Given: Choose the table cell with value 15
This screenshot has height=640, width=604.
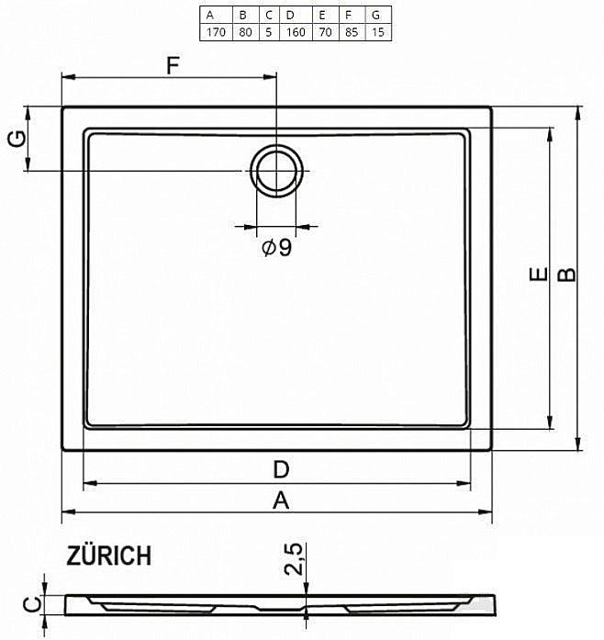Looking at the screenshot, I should pyautogui.click(x=376, y=31).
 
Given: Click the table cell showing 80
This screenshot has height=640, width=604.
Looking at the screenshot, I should pyautogui.click(x=243, y=31).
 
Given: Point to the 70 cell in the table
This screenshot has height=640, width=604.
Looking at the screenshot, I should pyautogui.click(x=323, y=31).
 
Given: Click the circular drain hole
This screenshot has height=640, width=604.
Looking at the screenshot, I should pyautogui.click(x=275, y=170).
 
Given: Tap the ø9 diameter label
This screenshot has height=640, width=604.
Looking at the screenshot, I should pyautogui.click(x=276, y=247).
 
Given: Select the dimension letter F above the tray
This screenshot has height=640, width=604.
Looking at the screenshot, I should pyautogui.click(x=171, y=66).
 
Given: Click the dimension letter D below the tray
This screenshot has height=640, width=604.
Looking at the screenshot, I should pyautogui.click(x=281, y=469).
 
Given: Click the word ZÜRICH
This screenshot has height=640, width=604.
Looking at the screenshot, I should pyautogui.click(x=108, y=556).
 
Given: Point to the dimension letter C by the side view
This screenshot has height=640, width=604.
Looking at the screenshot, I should pyautogui.click(x=31, y=604).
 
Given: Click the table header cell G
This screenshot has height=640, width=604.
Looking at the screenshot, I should pyautogui.click(x=376, y=15).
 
